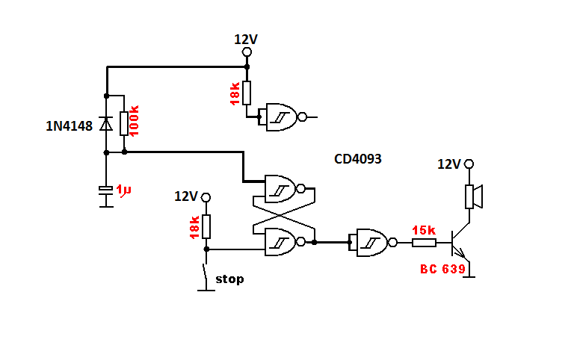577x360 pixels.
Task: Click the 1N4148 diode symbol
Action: tap(106, 123)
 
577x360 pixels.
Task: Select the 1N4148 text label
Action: tap(69, 126)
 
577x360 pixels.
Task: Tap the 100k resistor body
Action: tap(124, 123)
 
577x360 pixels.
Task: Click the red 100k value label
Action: tap(134, 120)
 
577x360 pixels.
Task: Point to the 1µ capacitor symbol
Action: tap(106, 190)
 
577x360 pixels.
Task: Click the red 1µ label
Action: tap(123, 190)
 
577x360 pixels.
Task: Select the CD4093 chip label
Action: tap(358, 159)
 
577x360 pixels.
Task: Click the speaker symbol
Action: tap(474, 196)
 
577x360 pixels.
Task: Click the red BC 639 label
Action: tap(442, 269)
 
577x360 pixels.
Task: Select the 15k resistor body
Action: tap(424, 242)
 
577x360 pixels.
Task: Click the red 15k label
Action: tap(424, 230)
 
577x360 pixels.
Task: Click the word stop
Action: tap(229, 279)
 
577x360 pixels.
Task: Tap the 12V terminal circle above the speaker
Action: tap(469, 164)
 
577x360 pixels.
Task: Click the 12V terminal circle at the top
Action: tap(247, 52)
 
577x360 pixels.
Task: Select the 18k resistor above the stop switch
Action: tap(206, 226)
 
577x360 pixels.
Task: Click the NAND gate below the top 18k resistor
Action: tap(283, 117)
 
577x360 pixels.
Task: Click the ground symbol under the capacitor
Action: tap(106, 207)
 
